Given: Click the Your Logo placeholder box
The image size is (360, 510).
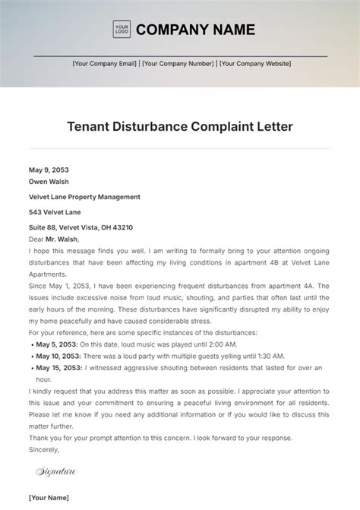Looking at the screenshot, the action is [x=122, y=30].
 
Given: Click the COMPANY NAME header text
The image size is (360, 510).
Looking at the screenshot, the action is [x=195, y=30].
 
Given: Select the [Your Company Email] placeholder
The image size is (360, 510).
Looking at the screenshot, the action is [x=105, y=64].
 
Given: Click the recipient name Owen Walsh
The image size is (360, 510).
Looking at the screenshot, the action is [x=49, y=182].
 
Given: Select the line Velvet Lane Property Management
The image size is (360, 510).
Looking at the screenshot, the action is [x=84, y=197].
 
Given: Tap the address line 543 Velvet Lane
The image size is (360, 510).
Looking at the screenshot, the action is [x=55, y=212].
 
